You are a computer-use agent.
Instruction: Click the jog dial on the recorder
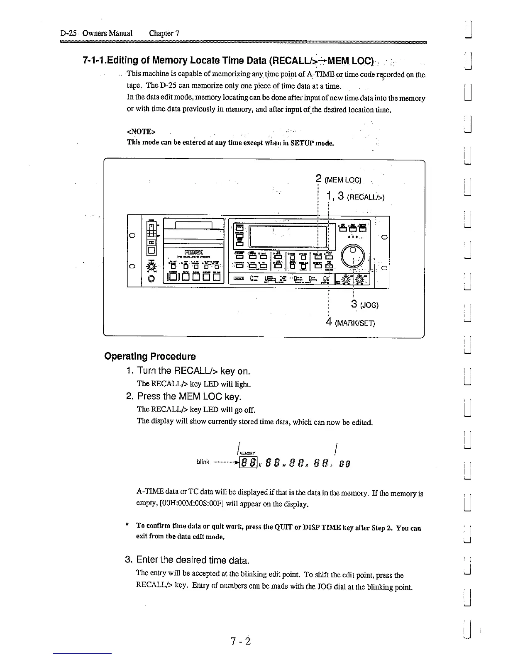tap(352, 253)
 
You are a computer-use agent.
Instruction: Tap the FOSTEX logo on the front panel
tap(188, 250)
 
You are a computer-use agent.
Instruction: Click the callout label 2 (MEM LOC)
tap(339, 180)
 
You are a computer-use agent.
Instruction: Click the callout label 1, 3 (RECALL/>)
tap(355, 197)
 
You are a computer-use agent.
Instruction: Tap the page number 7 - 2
tap(241, 641)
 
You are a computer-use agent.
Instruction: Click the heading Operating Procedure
tap(150, 356)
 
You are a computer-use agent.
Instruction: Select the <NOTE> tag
tap(141, 131)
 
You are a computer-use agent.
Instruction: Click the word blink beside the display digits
tap(203, 462)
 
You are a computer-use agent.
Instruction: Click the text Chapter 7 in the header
tap(164, 33)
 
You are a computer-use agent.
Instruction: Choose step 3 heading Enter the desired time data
tap(188, 560)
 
